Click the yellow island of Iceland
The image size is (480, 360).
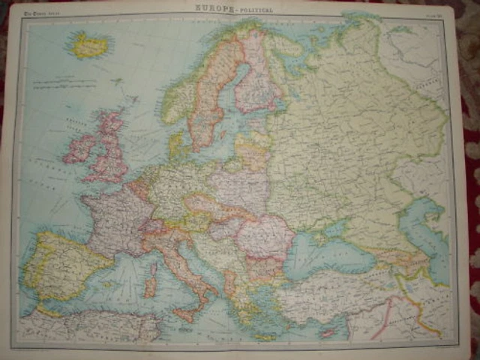pos(90,46)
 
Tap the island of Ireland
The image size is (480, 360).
pos(79,148)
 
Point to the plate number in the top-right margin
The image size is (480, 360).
pos(434,10)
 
